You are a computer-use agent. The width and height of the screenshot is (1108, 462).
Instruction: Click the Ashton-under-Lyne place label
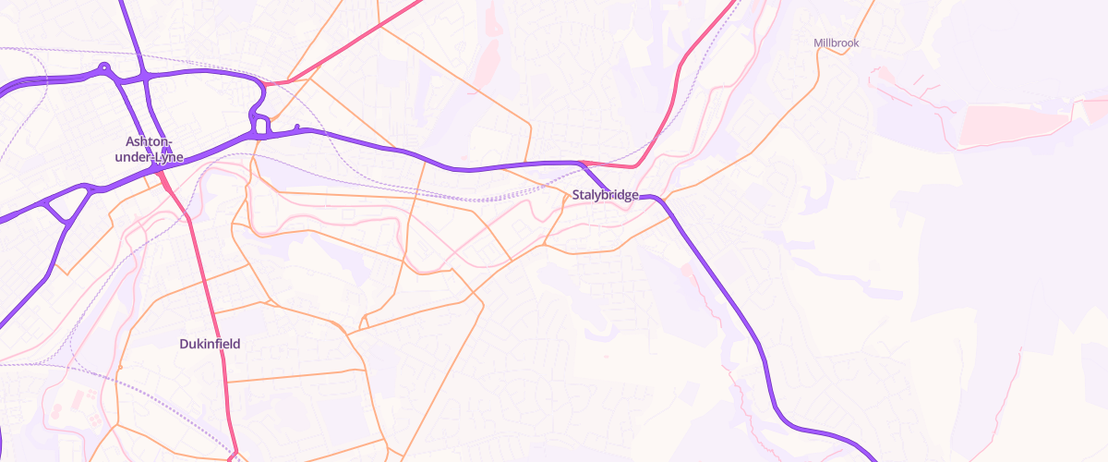154,149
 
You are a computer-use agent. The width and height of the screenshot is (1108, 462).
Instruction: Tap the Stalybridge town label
605,195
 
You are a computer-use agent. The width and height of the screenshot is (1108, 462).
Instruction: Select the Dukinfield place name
210,344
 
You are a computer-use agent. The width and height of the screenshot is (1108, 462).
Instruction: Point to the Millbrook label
836,43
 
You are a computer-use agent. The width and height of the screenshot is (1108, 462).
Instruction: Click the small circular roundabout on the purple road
104,67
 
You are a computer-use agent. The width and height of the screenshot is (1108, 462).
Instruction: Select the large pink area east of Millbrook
1016,125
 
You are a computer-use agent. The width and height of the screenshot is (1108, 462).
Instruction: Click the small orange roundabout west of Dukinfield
120,368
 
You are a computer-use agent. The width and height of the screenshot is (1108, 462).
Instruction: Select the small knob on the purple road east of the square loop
296,127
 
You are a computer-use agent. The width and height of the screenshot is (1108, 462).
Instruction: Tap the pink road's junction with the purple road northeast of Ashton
265,84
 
